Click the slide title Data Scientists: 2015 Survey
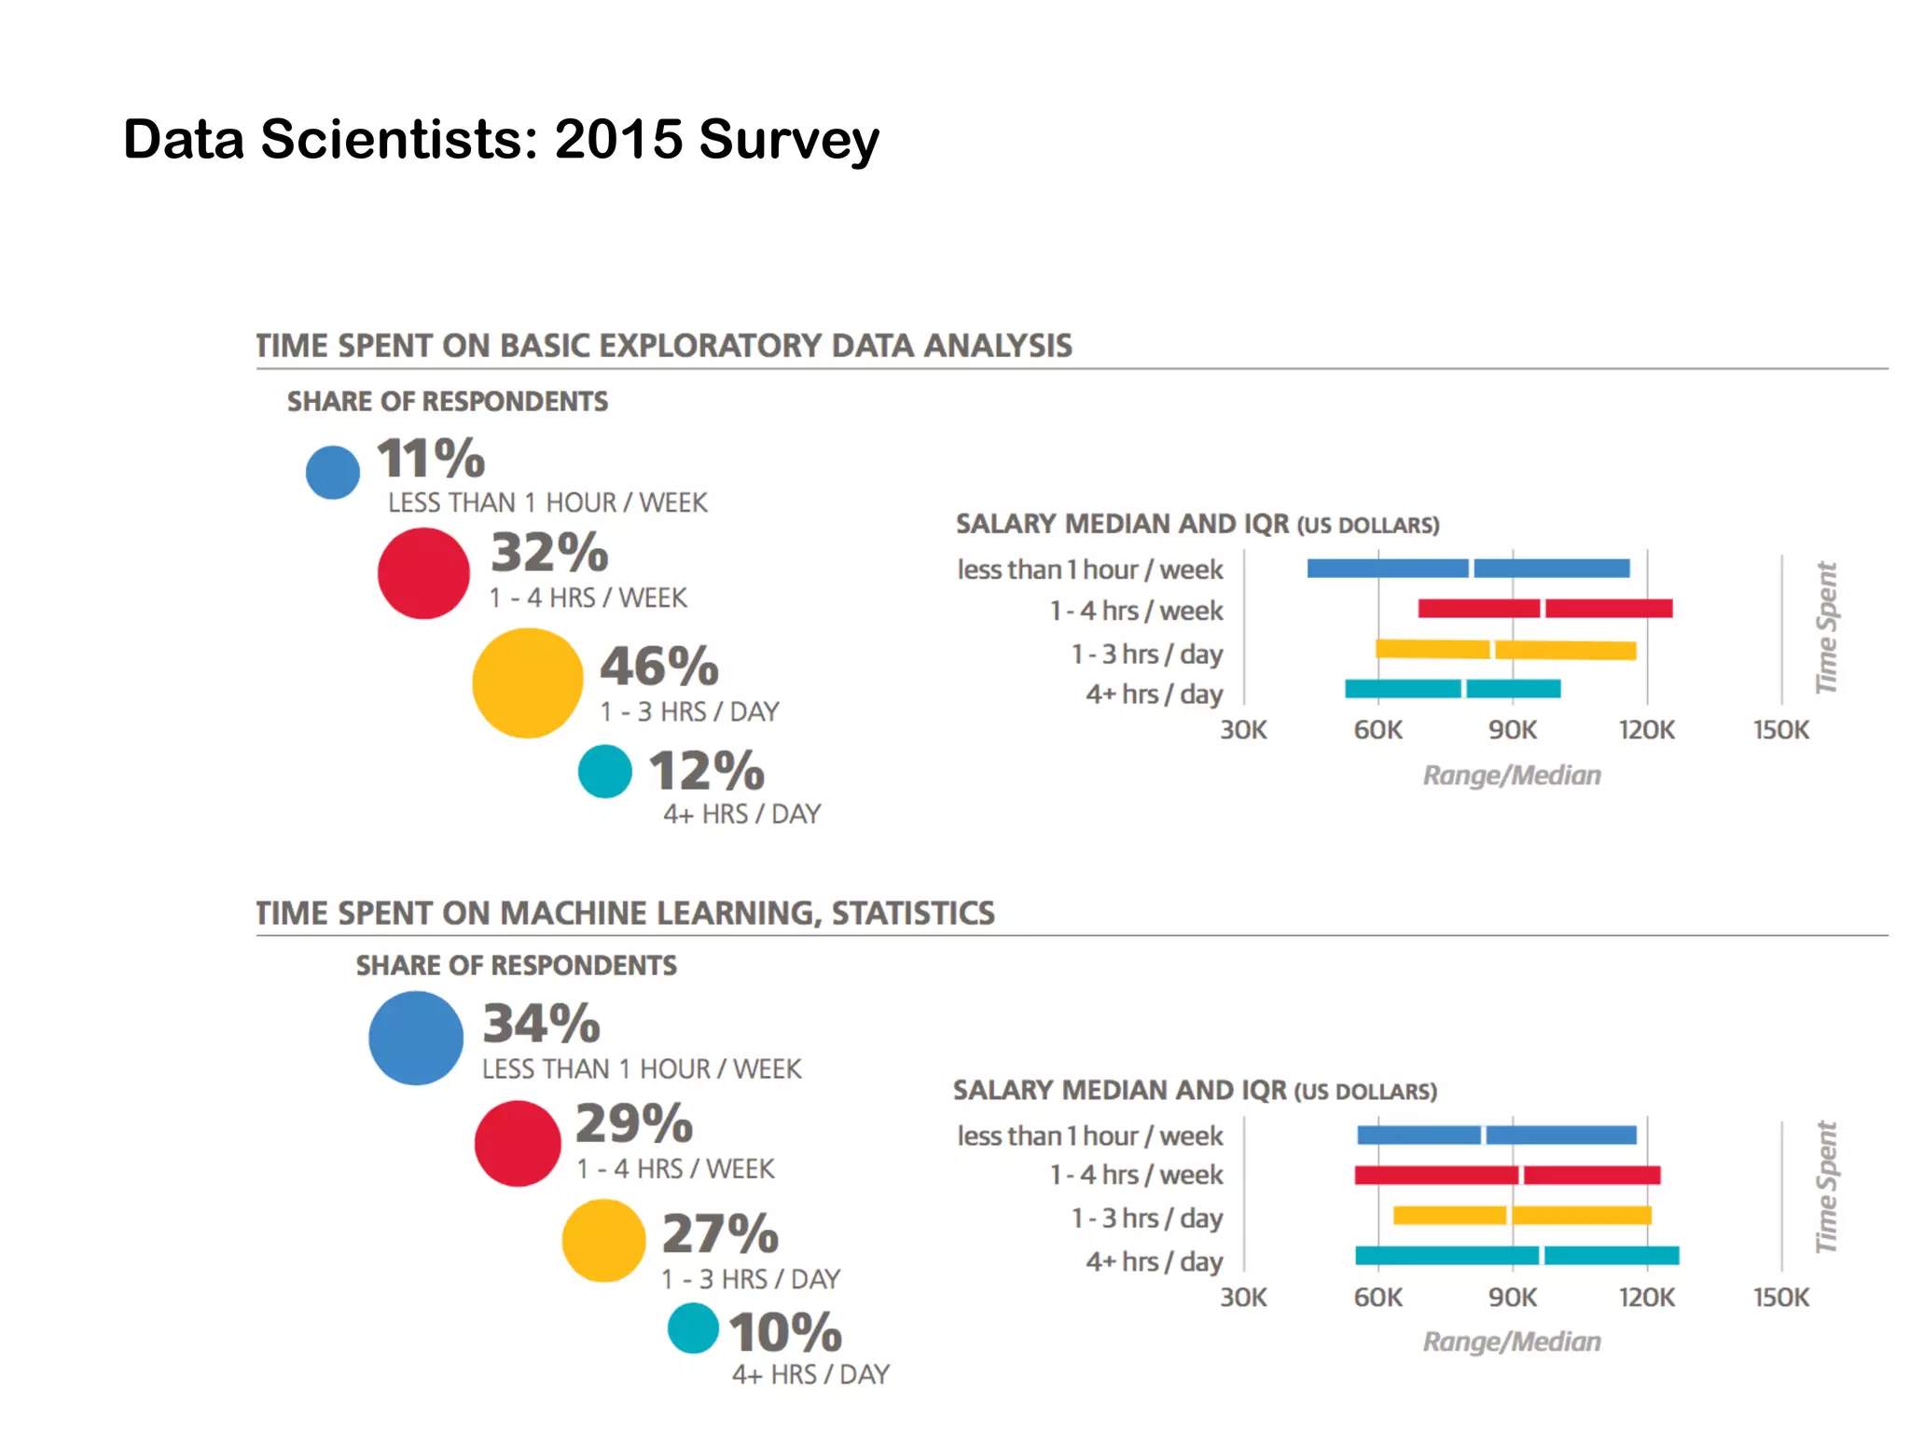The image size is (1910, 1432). [x=501, y=140]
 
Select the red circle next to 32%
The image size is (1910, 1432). [x=423, y=573]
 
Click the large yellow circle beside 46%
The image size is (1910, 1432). [x=527, y=682]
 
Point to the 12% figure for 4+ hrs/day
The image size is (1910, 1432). [x=706, y=771]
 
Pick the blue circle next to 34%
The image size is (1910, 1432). [x=416, y=1038]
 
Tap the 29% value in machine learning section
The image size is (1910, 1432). [x=634, y=1123]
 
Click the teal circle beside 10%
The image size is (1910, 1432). [x=693, y=1329]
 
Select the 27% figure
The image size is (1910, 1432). [x=720, y=1233]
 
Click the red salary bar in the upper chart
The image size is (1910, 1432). [x=1544, y=609]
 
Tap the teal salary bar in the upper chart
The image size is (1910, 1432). [x=1452, y=689]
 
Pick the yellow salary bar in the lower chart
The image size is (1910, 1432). [x=1521, y=1215]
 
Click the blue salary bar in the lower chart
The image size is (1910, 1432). [x=1496, y=1135]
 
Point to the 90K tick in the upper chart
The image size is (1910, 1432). [x=1512, y=730]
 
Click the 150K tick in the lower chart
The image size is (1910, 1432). [x=1780, y=1297]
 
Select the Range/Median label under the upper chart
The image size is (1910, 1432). [x=1511, y=775]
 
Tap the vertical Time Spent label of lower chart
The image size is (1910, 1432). [x=1826, y=1187]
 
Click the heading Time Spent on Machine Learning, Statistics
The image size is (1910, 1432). [x=625, y=913]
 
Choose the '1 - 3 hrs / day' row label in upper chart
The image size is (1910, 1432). [x=1146, y=654]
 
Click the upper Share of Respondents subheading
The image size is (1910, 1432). [x=447, y=402]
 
